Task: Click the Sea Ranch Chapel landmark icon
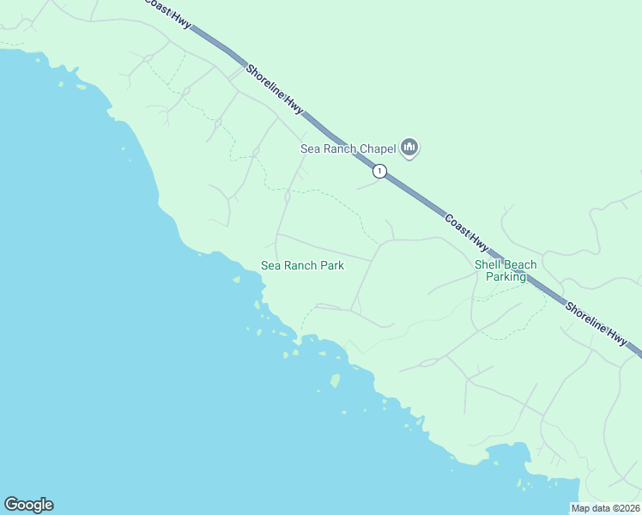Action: (410, 148)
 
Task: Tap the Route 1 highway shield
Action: (379, 172)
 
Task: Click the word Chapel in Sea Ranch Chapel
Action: (378, 148)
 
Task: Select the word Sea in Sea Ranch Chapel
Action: (310, 148)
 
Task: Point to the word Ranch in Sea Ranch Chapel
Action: (339, 148)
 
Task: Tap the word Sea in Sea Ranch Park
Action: (270, 266)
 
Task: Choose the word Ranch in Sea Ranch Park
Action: (300, 266)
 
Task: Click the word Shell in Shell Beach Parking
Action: (488, 265)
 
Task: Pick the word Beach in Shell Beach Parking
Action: (521, 265)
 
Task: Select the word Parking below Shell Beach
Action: (506, 277)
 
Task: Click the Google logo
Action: (28, 505)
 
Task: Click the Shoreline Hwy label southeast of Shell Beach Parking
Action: (595, 324)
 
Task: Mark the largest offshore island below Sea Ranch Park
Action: (336, 380)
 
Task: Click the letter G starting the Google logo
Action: (11, 505)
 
